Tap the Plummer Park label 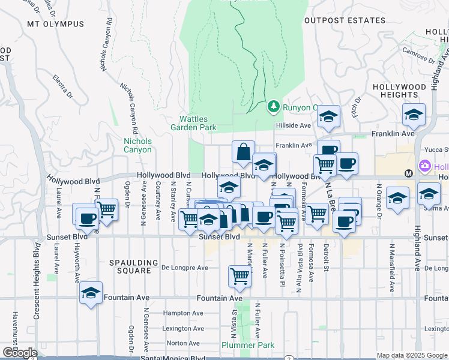click(248, 345)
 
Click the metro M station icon click(408, 173)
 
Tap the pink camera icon click(425, 166)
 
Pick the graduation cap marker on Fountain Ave click(91, 293)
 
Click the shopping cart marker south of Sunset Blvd click(240, 276)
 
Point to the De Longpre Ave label click(185, 268)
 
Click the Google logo click(20, 353)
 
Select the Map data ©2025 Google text click(411, 355)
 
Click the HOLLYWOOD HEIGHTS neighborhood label click(399, 91)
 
